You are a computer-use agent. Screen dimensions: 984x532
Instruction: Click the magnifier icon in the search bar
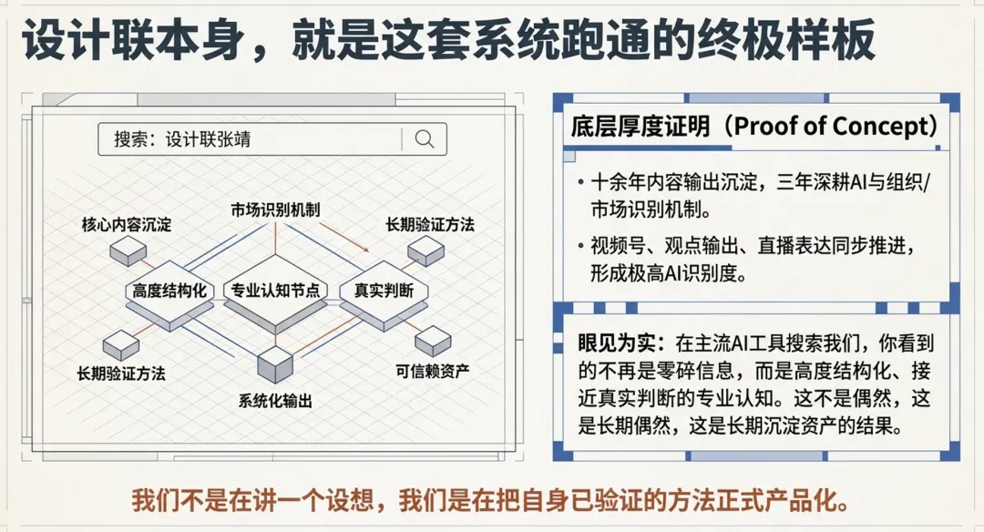[x=425, y=138]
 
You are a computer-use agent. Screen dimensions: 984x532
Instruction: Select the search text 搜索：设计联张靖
[x=182, y=139]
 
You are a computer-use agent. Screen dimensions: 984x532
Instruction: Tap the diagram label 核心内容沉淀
[x=127, y=223]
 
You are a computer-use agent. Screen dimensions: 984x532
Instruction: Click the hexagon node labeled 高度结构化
[x=169, y=292]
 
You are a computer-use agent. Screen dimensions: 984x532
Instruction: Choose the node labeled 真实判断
[x=384, y=292]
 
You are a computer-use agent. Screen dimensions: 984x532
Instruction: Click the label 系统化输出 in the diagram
[x=276, y=401]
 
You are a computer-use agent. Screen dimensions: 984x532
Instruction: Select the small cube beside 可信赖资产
[x=433, y=341]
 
